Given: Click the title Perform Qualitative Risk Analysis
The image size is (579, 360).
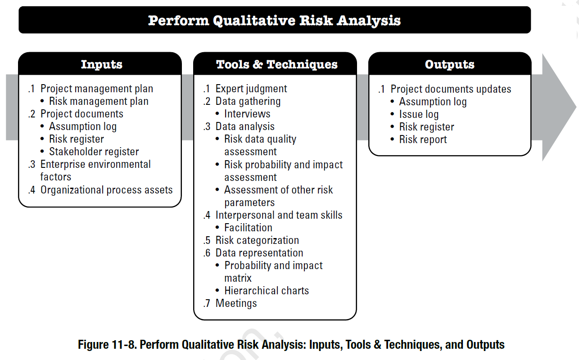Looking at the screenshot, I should (274, 20).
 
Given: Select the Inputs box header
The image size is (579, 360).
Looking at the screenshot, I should (101, 64).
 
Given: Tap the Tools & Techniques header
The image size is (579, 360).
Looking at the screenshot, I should (276, 64).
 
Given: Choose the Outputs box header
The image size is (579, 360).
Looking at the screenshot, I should (449, 64).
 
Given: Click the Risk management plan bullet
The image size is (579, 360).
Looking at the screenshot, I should (99, 102).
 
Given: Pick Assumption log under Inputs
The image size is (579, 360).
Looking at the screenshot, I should (82, 127).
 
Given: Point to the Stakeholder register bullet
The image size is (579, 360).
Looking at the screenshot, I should (94, 152).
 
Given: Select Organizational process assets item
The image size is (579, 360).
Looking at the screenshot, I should (106, 190).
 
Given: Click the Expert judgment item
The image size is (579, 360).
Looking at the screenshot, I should (251, 89).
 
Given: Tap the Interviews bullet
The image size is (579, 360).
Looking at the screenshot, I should (247, 114).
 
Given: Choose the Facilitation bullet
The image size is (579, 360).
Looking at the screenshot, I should (248, 228).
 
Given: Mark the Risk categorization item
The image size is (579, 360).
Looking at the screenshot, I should (257, 240).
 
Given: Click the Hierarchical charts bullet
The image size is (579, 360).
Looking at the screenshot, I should (267, 291).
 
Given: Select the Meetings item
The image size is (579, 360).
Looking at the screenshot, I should (236, 303).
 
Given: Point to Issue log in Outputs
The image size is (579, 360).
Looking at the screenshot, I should (419, 115).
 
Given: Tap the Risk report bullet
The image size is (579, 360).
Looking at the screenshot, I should (423, 139).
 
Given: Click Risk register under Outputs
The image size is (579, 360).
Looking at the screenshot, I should (426, 127).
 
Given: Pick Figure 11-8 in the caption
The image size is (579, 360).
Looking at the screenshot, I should (106, 345).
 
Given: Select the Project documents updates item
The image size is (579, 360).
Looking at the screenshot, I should (450, 89).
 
